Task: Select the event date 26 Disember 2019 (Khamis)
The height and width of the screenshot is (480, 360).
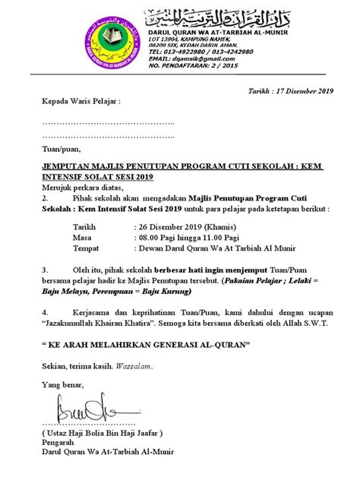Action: coord(181,226)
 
